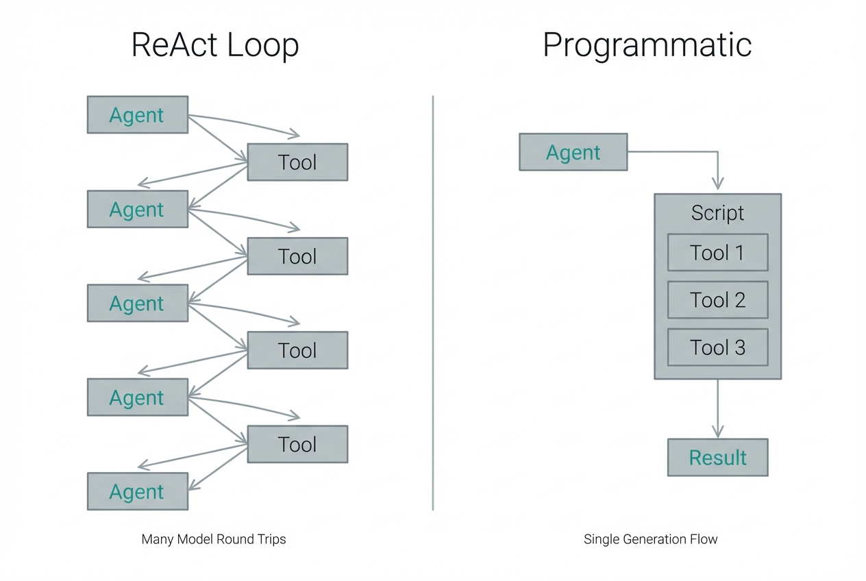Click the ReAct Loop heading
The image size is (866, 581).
[214, 46]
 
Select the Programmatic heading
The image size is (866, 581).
[647, 46]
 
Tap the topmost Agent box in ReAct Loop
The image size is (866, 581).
[137, 114]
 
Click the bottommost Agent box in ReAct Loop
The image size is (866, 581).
[137, 491]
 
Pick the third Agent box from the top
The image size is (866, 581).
[137, 303]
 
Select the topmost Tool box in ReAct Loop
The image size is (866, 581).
[297, 162]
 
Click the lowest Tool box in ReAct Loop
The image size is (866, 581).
[297, 444]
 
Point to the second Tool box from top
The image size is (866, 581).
[297, 256]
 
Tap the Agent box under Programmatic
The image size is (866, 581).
[573, 152]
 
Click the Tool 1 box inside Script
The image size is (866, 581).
[717, 253]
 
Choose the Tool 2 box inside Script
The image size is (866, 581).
[717, 300]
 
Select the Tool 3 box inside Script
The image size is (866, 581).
[717, 347]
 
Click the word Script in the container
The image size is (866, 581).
[717, 213]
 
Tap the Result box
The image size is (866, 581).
[717, 458]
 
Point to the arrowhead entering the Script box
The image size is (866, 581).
[717, 184]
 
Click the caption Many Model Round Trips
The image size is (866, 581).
[214, 539]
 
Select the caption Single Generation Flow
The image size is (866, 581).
[650, 539]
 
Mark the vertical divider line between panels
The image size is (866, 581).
[433, 301]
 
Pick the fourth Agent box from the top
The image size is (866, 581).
[137, 397]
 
